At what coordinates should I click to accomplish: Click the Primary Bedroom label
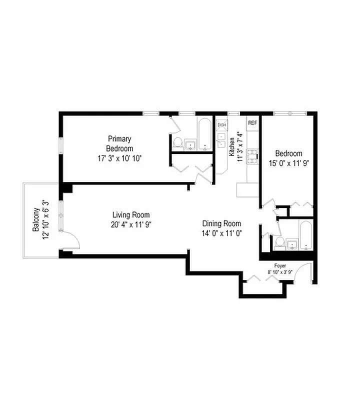[119, 143]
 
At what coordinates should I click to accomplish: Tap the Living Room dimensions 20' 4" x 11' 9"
[131, 224]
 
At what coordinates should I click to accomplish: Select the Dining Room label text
[221, 223]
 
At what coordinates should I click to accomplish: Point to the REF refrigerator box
[252, 123]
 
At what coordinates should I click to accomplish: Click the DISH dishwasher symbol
[221, 125]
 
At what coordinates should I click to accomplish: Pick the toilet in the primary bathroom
[177, 142]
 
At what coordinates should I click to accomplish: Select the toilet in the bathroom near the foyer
[279, 243]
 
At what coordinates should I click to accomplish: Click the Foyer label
[279, 265]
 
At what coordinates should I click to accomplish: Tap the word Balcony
[36, 220]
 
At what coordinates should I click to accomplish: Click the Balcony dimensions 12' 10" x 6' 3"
[46, 220]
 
